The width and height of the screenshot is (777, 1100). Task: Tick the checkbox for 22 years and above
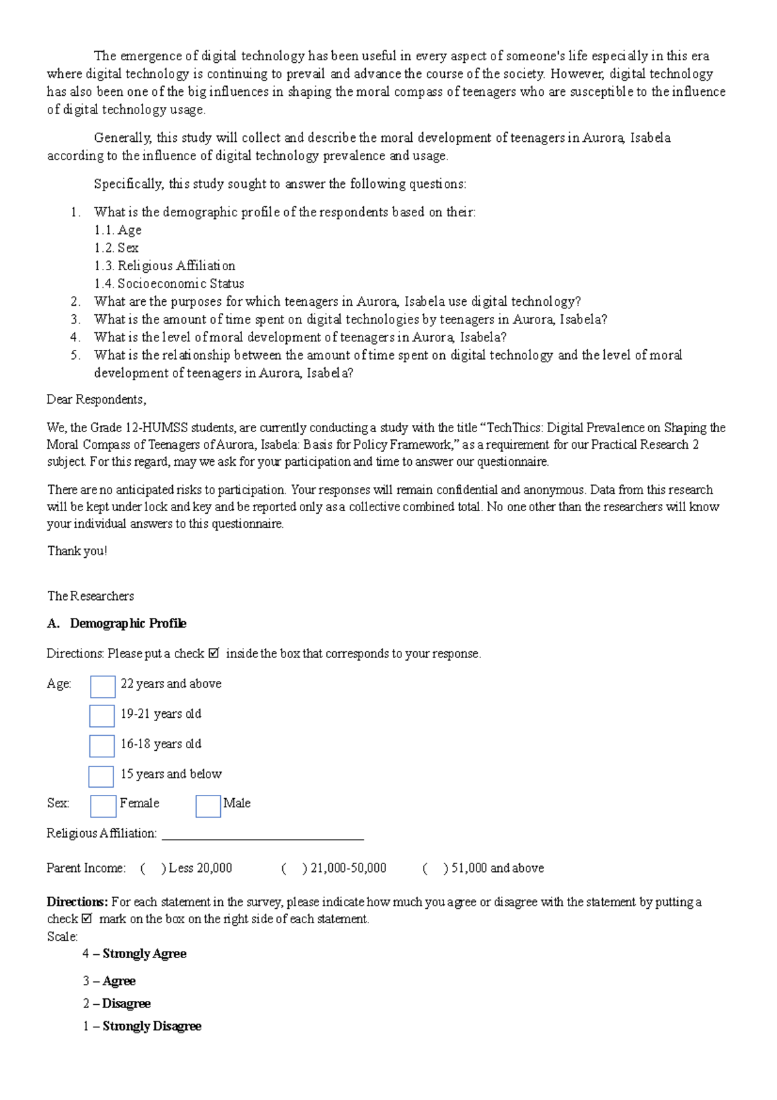click(x=102, y=687)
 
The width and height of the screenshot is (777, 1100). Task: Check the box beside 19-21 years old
click(x=102, y=716)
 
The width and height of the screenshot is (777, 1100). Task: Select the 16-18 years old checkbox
click(x=102, y=746)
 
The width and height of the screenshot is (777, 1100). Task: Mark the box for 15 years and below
click(x=101, y=776)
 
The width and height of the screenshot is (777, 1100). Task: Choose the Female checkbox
click(x=103, y=806)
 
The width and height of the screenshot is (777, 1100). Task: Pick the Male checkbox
click(x=208, y=806)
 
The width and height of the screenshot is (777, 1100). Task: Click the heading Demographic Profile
click(x=128, y=623)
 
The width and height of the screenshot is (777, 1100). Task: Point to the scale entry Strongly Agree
click(x=144, y=954)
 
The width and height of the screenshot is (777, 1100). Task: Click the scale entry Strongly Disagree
click(x=152, y=1026)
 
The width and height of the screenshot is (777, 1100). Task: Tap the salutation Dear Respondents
click(x=96, y=400)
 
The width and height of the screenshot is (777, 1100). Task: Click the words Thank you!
click(x=77, y=551)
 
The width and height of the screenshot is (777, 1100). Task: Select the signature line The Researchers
click(x=91, y=596)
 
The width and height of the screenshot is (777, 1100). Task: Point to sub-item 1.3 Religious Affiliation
click(x=164, y=266)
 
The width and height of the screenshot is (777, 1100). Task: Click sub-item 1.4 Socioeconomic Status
click(x=169, y=284)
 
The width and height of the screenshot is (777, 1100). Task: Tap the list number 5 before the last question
click(x=76, y=355)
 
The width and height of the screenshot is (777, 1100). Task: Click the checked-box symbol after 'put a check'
click(x=214, y=654)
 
